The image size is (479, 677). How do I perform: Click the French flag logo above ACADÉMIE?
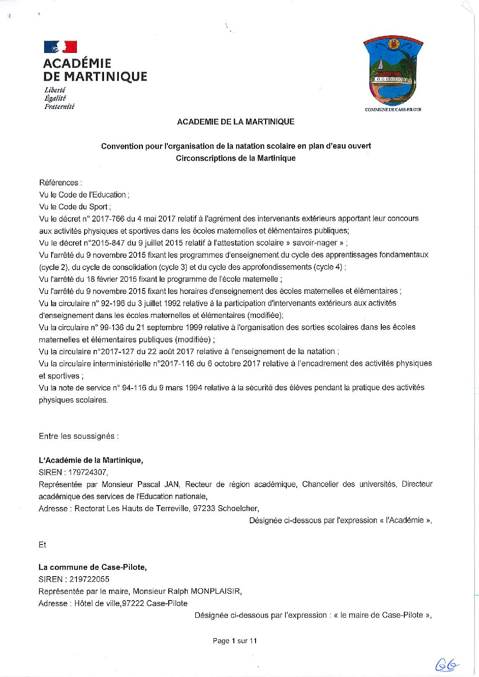(60, 47)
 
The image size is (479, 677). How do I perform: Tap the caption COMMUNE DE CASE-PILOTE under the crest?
(393, 109)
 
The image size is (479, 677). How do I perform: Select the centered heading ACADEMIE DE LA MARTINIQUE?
(236, 122)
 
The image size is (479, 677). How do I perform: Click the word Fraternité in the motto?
(59, 107)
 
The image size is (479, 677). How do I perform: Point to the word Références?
(60, 183)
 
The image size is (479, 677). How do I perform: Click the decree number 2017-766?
(108, 219)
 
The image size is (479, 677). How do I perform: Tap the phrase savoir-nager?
(315, 243)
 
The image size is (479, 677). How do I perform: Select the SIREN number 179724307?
(88, 472)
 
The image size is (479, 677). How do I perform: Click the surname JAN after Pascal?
(171, 484)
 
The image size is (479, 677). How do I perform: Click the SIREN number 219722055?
(89, 579)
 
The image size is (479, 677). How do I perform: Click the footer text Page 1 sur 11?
(235, 641)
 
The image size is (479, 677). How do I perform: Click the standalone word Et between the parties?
(43, 545)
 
